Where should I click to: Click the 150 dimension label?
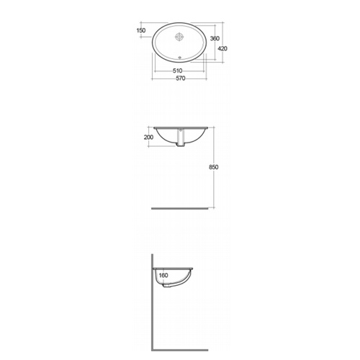point(141,30)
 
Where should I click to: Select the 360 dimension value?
point(215,38)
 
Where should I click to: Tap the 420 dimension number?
point(222,48)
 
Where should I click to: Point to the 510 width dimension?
point(177,71)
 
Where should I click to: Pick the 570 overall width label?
point(181,78)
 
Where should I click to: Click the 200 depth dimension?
point(148,138)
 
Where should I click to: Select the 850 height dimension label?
point(213,167)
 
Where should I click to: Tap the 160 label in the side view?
point(163,275)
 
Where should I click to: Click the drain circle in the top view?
point(179,37)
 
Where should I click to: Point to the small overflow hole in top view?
point(180,58)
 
